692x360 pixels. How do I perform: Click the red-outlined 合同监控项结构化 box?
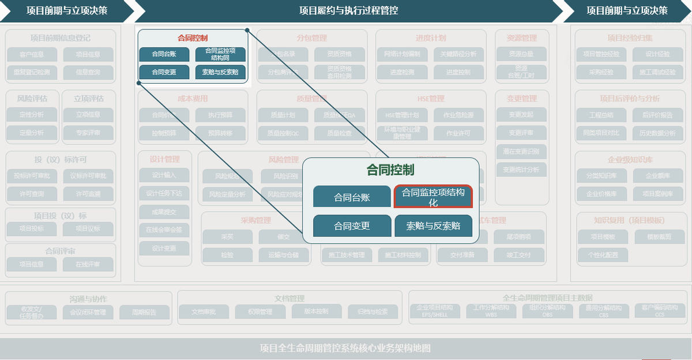click(x=433, y=196)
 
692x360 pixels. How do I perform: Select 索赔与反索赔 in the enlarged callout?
click(x=433, y=226)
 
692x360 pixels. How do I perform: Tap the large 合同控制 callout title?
click(x=390, y=170)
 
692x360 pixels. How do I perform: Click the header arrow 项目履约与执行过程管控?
click(x=349, y=10)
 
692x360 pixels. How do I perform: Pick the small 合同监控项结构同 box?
click(x=220, y=54)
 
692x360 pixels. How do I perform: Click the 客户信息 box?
click(x=32, y=55)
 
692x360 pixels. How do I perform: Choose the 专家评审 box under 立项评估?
click(x=88, y=133)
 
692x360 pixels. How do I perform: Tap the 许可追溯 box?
click(x=88, y=193)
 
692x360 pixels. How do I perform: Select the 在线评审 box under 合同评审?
click(x=88, y=264)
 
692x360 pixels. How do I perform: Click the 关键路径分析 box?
click(x=458, y=54)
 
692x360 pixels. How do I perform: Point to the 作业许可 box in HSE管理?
click(x=458, y=133)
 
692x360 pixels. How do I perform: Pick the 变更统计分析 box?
click(x=521, y=170)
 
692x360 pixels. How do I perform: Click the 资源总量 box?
click(x=521, y=54)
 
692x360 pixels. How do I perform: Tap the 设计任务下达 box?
click(x=164, y=193)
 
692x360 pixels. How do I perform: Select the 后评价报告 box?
click(x=654, y=115)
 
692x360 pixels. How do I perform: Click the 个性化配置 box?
click(x=603, y=254)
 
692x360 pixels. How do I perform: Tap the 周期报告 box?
click(x=145, y=312)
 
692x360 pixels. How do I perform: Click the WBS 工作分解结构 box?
click(x=491, y=311)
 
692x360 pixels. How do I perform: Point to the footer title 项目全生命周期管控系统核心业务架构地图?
click(x=345, y=348)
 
